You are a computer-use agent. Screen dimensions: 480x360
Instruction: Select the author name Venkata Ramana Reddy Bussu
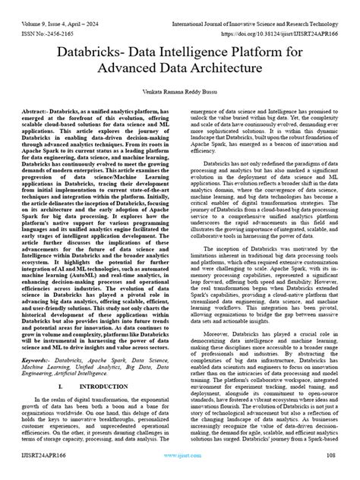(x=179, y=91)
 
